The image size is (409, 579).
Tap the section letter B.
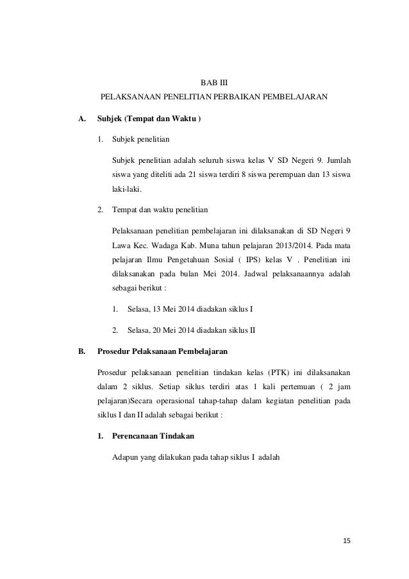81,351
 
